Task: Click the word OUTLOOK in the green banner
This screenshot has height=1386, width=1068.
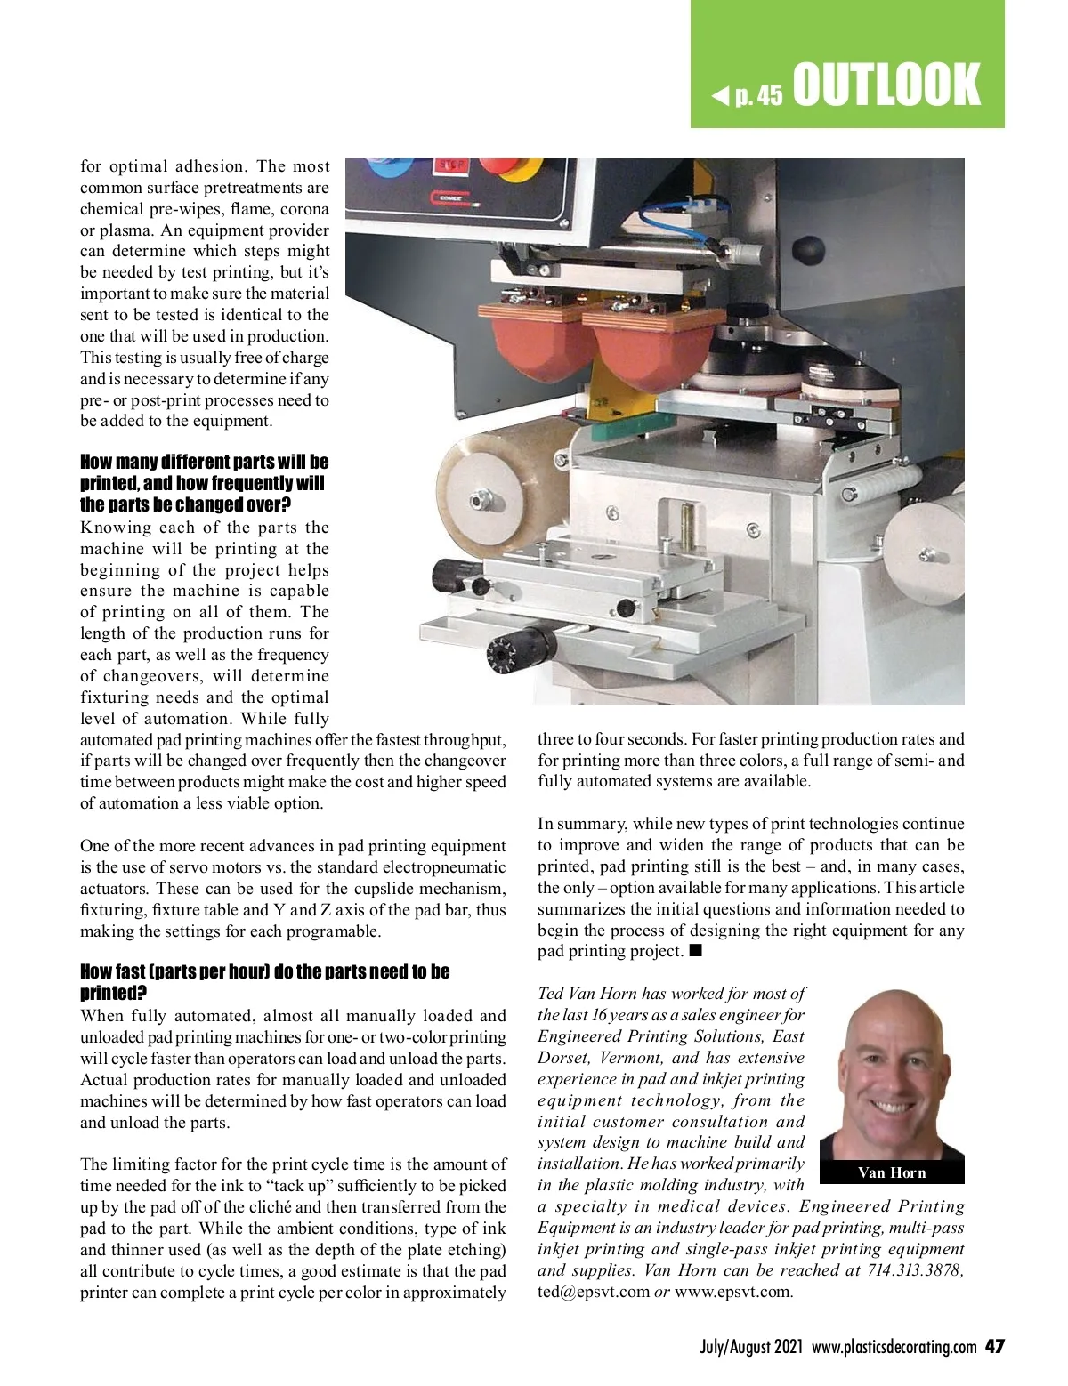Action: coord(886,85)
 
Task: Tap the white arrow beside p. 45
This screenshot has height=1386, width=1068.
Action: coord(720,94)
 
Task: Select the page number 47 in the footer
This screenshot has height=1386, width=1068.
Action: coord(994,1347)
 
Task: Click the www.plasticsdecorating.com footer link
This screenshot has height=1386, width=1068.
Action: coord(894,1347)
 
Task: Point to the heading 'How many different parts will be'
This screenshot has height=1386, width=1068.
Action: coord(204,462)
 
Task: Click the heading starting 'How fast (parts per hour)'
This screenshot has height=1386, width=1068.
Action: coord(264,971)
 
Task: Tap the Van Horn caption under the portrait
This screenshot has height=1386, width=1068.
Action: coord(892,1172)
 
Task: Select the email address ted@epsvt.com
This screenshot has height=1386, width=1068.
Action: coord(594,1291)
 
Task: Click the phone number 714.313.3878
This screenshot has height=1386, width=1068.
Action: coord(914,1270)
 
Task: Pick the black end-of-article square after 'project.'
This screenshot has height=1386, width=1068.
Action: coord(696,950)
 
